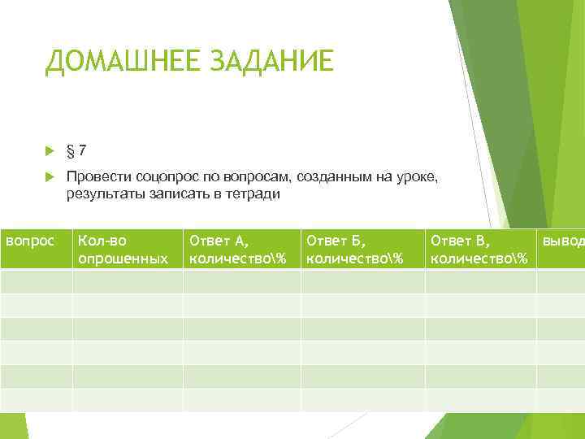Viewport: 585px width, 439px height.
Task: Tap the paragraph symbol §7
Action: click(78, 151)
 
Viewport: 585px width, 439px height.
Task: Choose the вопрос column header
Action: click(30, 241)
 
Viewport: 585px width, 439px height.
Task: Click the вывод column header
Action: click(561, 241)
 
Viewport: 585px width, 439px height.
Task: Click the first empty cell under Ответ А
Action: click(241, 281)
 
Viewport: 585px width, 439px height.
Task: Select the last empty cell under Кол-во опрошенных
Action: click(128, 400)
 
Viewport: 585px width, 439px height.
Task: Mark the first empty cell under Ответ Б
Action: click(362, 281)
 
